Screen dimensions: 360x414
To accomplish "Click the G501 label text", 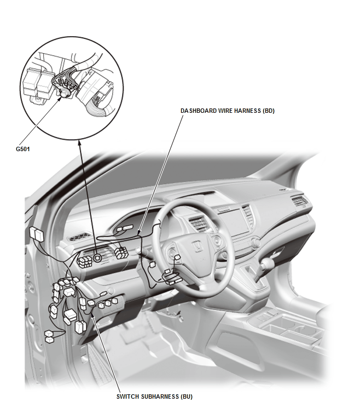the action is (23, 149).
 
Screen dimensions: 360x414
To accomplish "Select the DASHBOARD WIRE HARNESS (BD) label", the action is (228, 111).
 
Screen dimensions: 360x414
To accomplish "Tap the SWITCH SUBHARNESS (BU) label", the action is (154, 396).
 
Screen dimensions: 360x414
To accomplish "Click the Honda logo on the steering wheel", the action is (197, 247).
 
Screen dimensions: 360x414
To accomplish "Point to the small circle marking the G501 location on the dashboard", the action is (97, 258).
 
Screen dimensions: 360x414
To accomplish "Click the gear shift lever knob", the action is (268, 263).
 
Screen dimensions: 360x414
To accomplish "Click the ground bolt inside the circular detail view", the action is (64, 93).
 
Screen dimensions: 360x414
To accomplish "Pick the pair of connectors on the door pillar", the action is (37, 233).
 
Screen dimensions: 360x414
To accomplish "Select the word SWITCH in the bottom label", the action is (127, 396).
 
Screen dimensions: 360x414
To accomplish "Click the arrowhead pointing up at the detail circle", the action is (79, 142).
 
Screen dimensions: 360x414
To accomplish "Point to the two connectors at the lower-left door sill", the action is (49, 336).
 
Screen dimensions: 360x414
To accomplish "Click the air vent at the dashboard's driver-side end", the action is (80, 237).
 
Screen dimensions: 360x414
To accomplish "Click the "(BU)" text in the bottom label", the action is (187, 396).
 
